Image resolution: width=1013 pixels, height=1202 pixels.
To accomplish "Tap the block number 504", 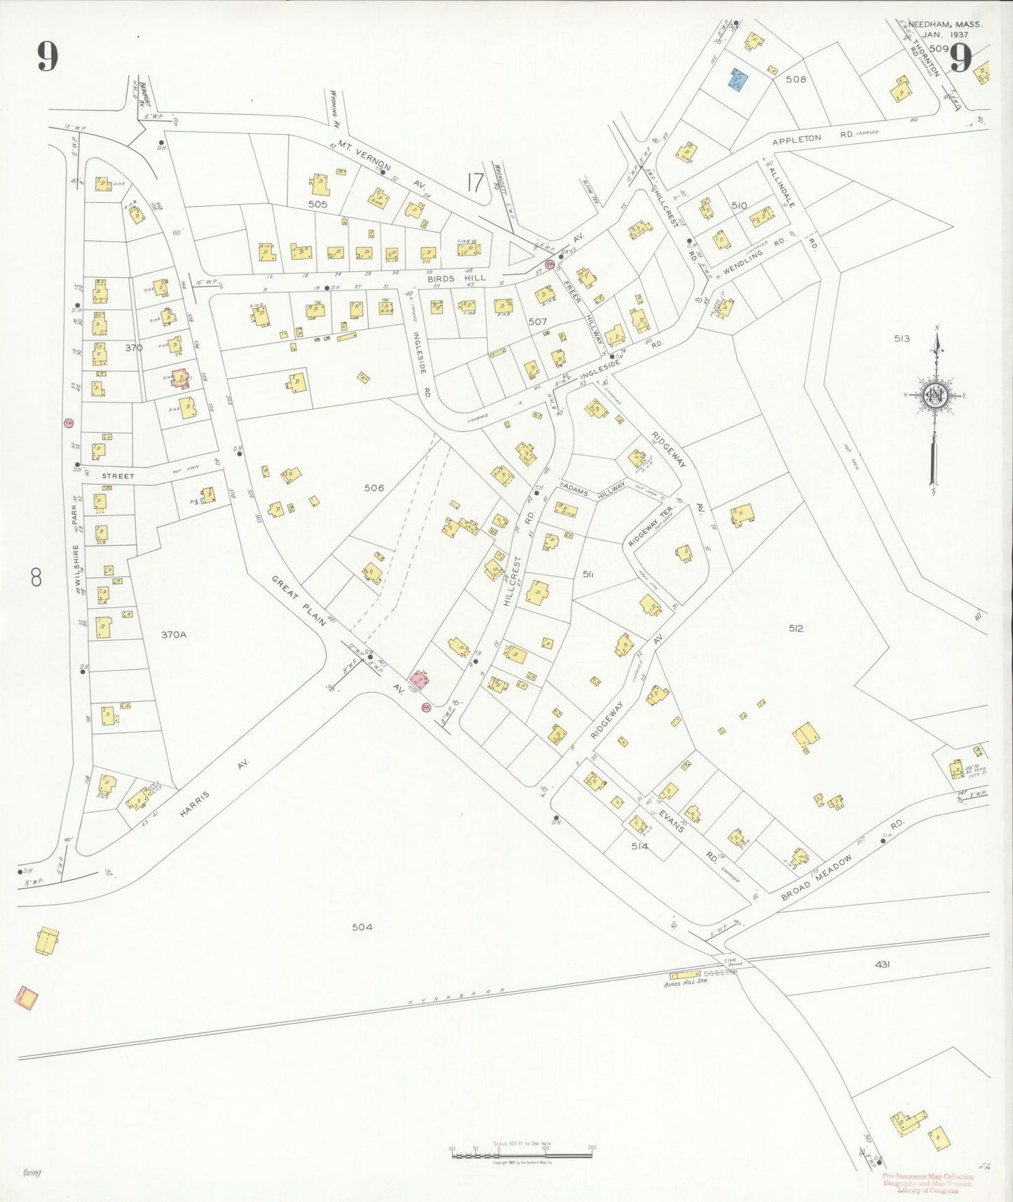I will click(362, 927).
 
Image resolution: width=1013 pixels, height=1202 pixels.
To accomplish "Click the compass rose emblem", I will click(935, 395).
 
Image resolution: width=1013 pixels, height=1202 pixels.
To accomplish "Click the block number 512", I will click(796, 628).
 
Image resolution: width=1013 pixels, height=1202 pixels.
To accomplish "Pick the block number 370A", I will click(174, 635).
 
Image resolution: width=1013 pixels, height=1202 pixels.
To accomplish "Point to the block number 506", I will click(374, 487).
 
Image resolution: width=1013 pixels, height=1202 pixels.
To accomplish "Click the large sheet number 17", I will click(475, 182).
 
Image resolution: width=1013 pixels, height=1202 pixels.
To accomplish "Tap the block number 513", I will click(902, 339).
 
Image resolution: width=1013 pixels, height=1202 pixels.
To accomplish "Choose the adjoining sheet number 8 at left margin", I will click(36, 578).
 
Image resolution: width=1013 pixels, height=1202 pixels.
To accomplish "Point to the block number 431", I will click(883, 964).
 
